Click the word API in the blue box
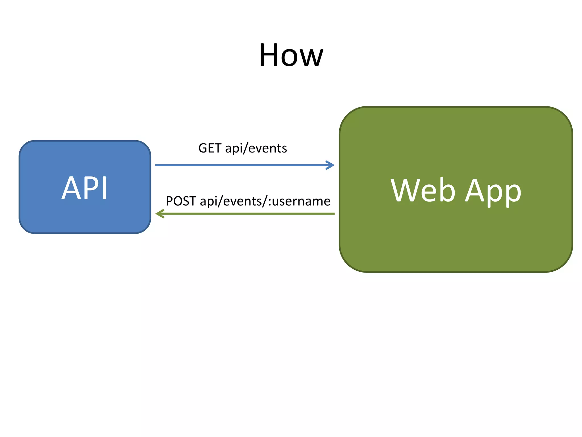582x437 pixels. click(84, 188)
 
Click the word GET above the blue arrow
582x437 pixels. click(210, 148)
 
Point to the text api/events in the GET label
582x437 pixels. click(256, 149)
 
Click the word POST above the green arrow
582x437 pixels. click(181, 201)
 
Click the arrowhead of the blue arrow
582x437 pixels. click(331, 165)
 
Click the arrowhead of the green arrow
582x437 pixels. click(160, 214)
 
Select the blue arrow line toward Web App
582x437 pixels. click(242, 165)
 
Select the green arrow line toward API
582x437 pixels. click(247, 214)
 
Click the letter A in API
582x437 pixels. click(71, 188)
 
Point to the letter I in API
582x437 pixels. click(104, 188)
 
